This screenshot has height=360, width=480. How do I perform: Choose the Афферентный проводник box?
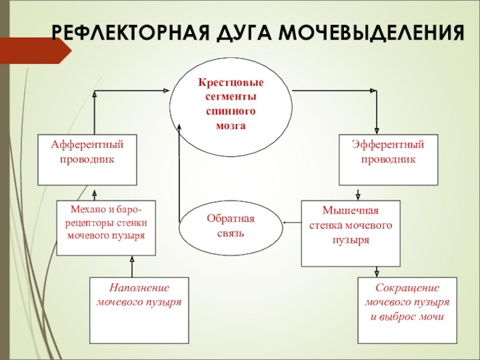[x=87, y=160]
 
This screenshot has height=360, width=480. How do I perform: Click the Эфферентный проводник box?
[x=388, y=160]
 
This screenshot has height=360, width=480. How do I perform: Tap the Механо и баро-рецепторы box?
[x=106, y=228]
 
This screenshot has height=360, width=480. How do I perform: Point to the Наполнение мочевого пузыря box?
[x=139, y=310]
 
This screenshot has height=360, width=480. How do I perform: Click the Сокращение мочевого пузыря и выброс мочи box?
[x=407, y=310]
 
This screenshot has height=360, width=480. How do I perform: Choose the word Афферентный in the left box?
[x=87, y=145]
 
